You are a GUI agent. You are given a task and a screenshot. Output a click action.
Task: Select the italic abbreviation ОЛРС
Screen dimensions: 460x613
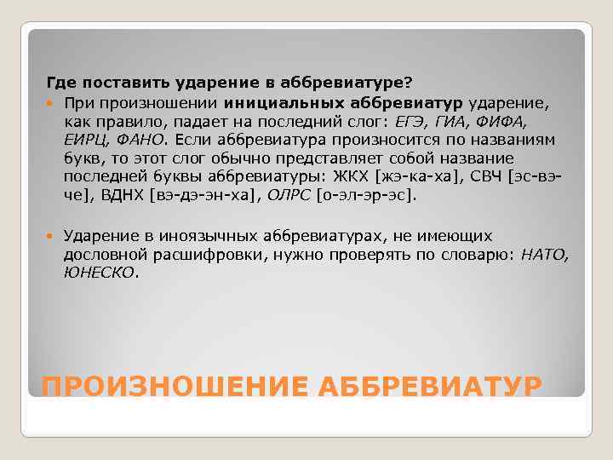(289, 195)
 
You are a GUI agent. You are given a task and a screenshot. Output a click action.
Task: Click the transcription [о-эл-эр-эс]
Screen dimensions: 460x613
(367, 195)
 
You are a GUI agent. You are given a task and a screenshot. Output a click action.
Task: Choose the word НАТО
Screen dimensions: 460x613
(543, 255)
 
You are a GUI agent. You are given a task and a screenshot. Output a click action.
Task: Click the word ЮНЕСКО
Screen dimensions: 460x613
(98, 273)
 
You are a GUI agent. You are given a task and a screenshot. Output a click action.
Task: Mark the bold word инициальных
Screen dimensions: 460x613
(273, 102)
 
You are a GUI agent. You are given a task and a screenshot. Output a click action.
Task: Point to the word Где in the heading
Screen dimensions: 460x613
(58, 83)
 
